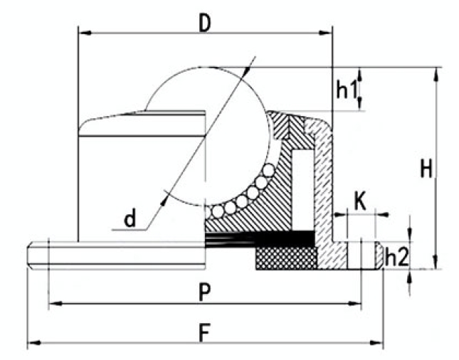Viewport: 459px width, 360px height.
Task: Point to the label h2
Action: [396, 258]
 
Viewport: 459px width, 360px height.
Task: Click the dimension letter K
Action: [360, 201]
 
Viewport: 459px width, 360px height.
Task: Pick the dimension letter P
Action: [204, 292]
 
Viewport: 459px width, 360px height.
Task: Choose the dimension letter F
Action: [204, 333]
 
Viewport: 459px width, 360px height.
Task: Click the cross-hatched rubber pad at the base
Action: [286, 258]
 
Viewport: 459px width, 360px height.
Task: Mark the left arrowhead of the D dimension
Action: [85, 33]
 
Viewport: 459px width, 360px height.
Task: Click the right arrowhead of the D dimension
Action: [325, 33]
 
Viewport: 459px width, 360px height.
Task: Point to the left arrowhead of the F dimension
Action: [34, 343]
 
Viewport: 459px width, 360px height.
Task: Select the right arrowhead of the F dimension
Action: [376, 343]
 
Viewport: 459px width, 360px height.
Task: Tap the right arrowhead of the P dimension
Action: [354, 304]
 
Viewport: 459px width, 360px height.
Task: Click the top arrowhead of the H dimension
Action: [436, 74]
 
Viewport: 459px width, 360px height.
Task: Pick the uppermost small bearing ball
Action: [268, 171]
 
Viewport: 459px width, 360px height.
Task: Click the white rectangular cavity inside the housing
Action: [303, 189]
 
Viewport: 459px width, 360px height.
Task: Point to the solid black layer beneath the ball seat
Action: [260, 238]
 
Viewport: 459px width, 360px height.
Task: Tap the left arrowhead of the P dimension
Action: [56, 304]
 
